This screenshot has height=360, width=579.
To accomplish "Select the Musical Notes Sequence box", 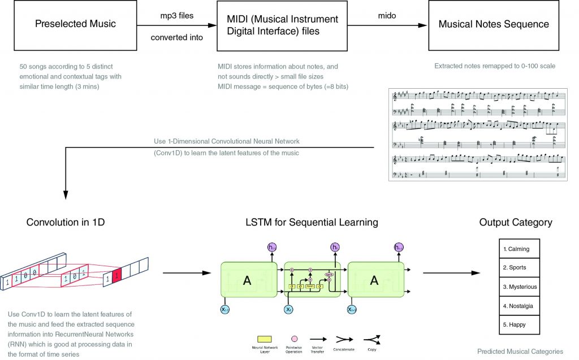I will tap(494, 24).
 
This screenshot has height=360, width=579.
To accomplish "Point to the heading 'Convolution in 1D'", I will tap(67, 222).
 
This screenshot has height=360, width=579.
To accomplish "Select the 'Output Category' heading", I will tap(516, 222).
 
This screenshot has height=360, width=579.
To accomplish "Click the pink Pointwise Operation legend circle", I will tap(294, 339).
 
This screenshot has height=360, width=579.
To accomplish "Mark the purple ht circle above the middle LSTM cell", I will tap(334, 247).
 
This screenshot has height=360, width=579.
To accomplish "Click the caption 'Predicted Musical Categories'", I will tap(520, 351).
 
